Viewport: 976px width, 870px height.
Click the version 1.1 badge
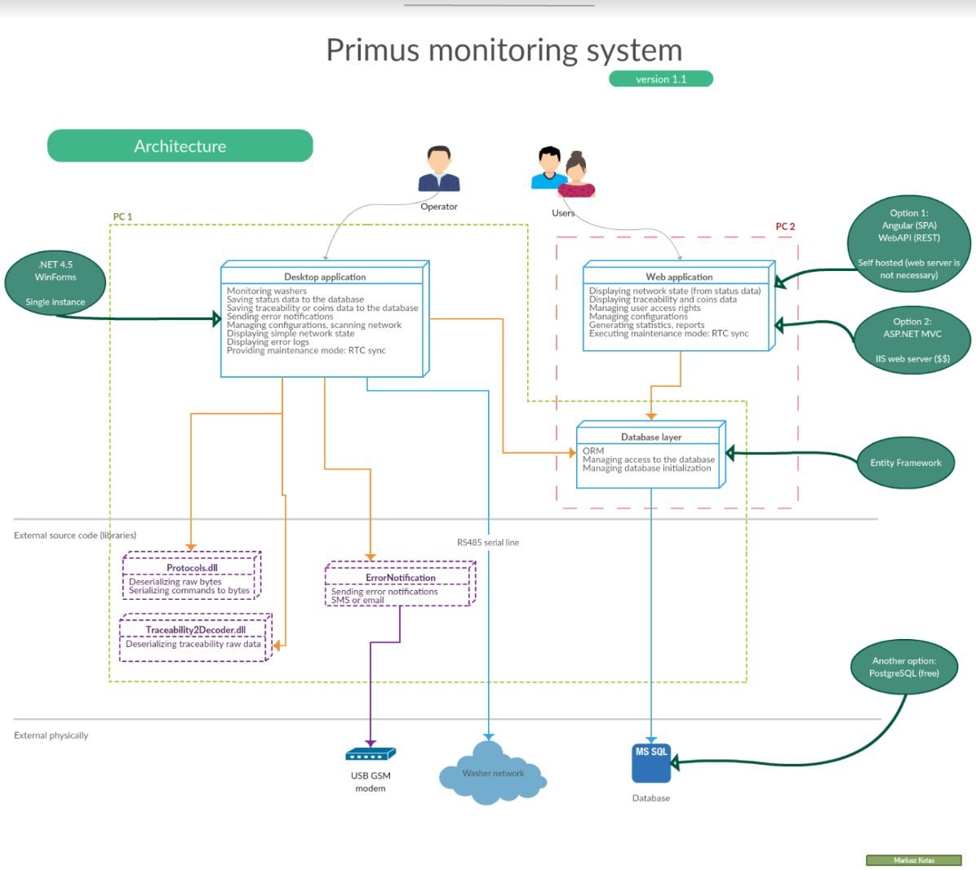point(661,79)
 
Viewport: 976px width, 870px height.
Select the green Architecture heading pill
point(180,146)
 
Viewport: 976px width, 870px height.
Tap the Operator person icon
point(439,170)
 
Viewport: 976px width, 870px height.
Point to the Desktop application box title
point(325,277)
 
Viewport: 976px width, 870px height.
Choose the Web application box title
point(679,277)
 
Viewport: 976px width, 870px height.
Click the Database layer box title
point(650,437)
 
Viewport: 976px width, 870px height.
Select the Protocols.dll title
point(192,568)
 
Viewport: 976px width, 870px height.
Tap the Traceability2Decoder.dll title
point(196,630)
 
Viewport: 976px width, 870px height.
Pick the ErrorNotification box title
point(400,578)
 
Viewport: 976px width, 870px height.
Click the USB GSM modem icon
point(370,754)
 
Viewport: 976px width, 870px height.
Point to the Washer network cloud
point(492,774)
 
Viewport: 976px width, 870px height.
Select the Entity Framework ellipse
point(906,463)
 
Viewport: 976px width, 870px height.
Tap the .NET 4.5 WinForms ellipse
point(55,282)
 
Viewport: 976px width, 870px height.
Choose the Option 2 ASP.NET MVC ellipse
point(912,340)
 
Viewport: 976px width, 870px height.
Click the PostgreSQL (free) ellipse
point(903,668)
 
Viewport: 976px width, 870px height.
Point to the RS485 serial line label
point(488,543)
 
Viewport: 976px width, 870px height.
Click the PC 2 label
point(785,227)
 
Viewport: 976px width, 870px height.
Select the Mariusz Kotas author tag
point(914,860)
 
